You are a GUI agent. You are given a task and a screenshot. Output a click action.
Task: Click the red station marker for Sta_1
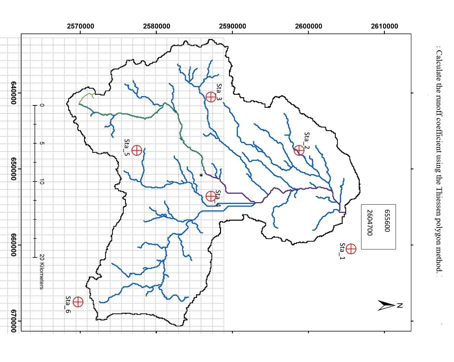[351, 249]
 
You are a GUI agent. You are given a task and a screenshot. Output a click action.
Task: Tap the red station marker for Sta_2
[299, 150]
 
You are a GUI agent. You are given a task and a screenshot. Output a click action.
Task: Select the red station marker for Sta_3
[211, 97]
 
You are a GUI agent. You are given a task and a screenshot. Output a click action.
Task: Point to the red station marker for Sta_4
[211, 196]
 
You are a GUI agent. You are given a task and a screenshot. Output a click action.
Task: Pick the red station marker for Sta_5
[137, 150]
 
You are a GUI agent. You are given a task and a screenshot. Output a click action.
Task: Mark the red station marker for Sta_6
[78, 302]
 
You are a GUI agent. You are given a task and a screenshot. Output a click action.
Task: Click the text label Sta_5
[127, 147]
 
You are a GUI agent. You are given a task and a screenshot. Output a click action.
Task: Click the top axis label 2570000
[81, 26]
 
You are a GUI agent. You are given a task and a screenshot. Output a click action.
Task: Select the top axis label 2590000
[233, 26]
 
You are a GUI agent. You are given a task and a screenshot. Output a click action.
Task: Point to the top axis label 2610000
[384, 26]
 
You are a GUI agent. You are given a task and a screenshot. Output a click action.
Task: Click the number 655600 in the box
[387, 221]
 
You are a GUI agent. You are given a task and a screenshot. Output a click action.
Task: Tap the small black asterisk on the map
[201, 175]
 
